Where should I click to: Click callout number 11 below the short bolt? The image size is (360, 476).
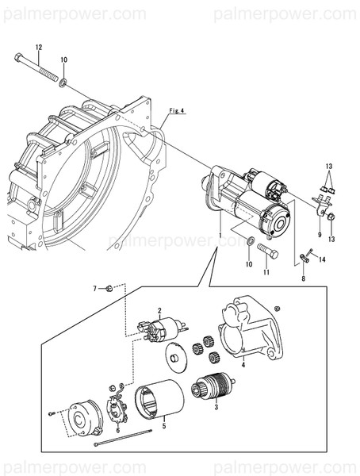click(266, 272)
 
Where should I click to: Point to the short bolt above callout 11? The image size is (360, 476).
click(266, 254)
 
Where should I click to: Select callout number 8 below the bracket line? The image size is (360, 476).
click(302, 279)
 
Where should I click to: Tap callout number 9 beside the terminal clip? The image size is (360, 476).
click(320, 235)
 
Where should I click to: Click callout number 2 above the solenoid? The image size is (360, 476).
click(159, 310)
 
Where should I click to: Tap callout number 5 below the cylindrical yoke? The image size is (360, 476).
click(163, 425)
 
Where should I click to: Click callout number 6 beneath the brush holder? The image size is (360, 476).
click(117, 429)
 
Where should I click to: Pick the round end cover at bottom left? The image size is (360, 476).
click(82, 417)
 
